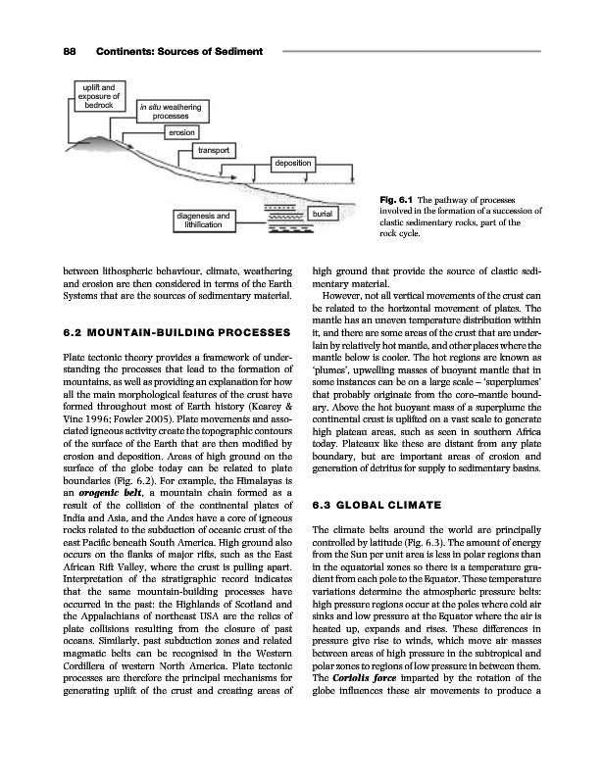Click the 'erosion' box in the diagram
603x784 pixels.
tap(183, 131)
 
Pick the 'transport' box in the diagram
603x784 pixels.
tap(214, 150)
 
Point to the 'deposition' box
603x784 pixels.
tap(293, 161)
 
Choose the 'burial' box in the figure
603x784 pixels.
tap(323, 213)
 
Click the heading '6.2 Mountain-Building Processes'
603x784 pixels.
tap(164, 331)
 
